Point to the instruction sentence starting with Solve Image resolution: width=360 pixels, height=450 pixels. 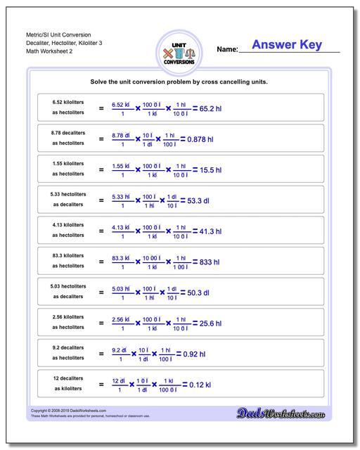click(180, 82)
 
